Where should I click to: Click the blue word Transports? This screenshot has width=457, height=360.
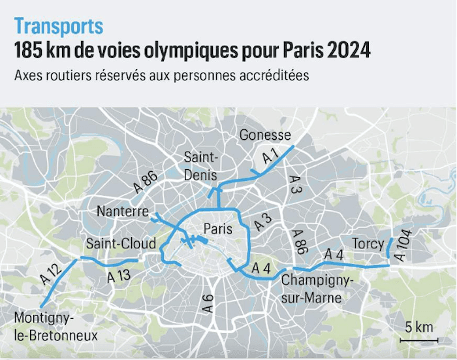point(59,27)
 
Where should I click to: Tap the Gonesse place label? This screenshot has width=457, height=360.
point(265,135)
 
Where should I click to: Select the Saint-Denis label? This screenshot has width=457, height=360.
point(201,167)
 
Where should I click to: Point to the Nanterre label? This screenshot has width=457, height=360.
point(122,211)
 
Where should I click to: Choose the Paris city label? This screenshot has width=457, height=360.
point(218,229)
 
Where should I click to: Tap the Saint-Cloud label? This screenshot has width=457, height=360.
point(121,244)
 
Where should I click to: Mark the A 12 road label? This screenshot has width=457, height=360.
point(50,272)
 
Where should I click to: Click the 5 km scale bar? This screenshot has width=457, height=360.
point(417,339)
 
